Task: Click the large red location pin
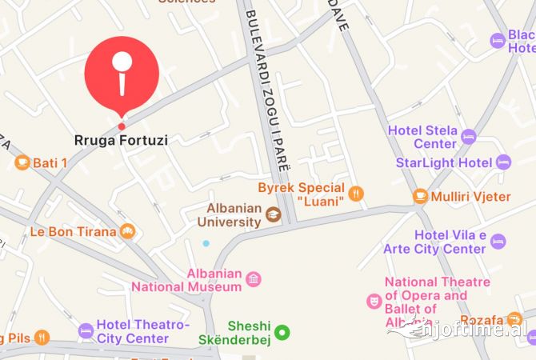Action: [122, 72]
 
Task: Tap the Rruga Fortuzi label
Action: [121, 140]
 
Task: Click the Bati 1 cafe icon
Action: [22, 163]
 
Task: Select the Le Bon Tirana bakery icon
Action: [127, 232]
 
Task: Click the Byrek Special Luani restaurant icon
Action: [356, 194]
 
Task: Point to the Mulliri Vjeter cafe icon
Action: [420, 196]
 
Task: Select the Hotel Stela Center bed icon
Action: [469, 137]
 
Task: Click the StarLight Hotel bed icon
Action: [503, 162]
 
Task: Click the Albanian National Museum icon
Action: [254, 279]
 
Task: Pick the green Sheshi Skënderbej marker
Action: [282, 332]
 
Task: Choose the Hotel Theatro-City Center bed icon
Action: [86, 331]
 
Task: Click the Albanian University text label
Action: [229, 214]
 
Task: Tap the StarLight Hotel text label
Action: [444, 162]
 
